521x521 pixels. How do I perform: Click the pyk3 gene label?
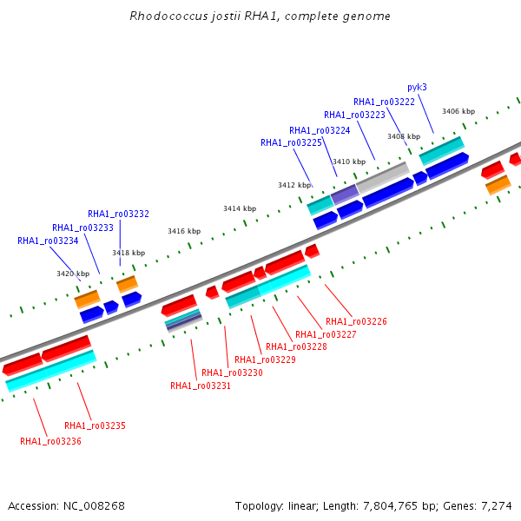(417, 88)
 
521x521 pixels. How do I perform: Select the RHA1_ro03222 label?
(384, 102)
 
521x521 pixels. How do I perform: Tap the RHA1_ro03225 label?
(291, 143)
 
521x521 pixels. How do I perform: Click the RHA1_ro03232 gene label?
(118, 214)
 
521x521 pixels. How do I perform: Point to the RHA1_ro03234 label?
(48, 241)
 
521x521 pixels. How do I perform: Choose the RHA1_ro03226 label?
(356, 321)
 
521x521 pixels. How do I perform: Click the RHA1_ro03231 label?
(201, 386)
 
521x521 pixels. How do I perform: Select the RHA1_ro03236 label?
(50, 442)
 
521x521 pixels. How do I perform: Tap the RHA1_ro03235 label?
(95, 426)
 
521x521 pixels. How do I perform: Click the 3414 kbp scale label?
(240, 208)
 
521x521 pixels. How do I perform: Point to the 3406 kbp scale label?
(458, 111)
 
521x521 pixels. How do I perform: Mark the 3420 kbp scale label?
(73, 274)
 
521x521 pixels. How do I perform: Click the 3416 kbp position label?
(184, 231)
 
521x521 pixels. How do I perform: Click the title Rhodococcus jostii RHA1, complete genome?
(260, 16)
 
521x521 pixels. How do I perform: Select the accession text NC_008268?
(94, 506)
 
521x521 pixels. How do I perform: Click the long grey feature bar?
(383, 178)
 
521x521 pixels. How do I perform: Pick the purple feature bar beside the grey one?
(345, 195)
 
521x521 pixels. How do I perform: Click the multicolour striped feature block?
(184, 320)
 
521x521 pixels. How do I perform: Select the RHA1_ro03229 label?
(265, 359)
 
